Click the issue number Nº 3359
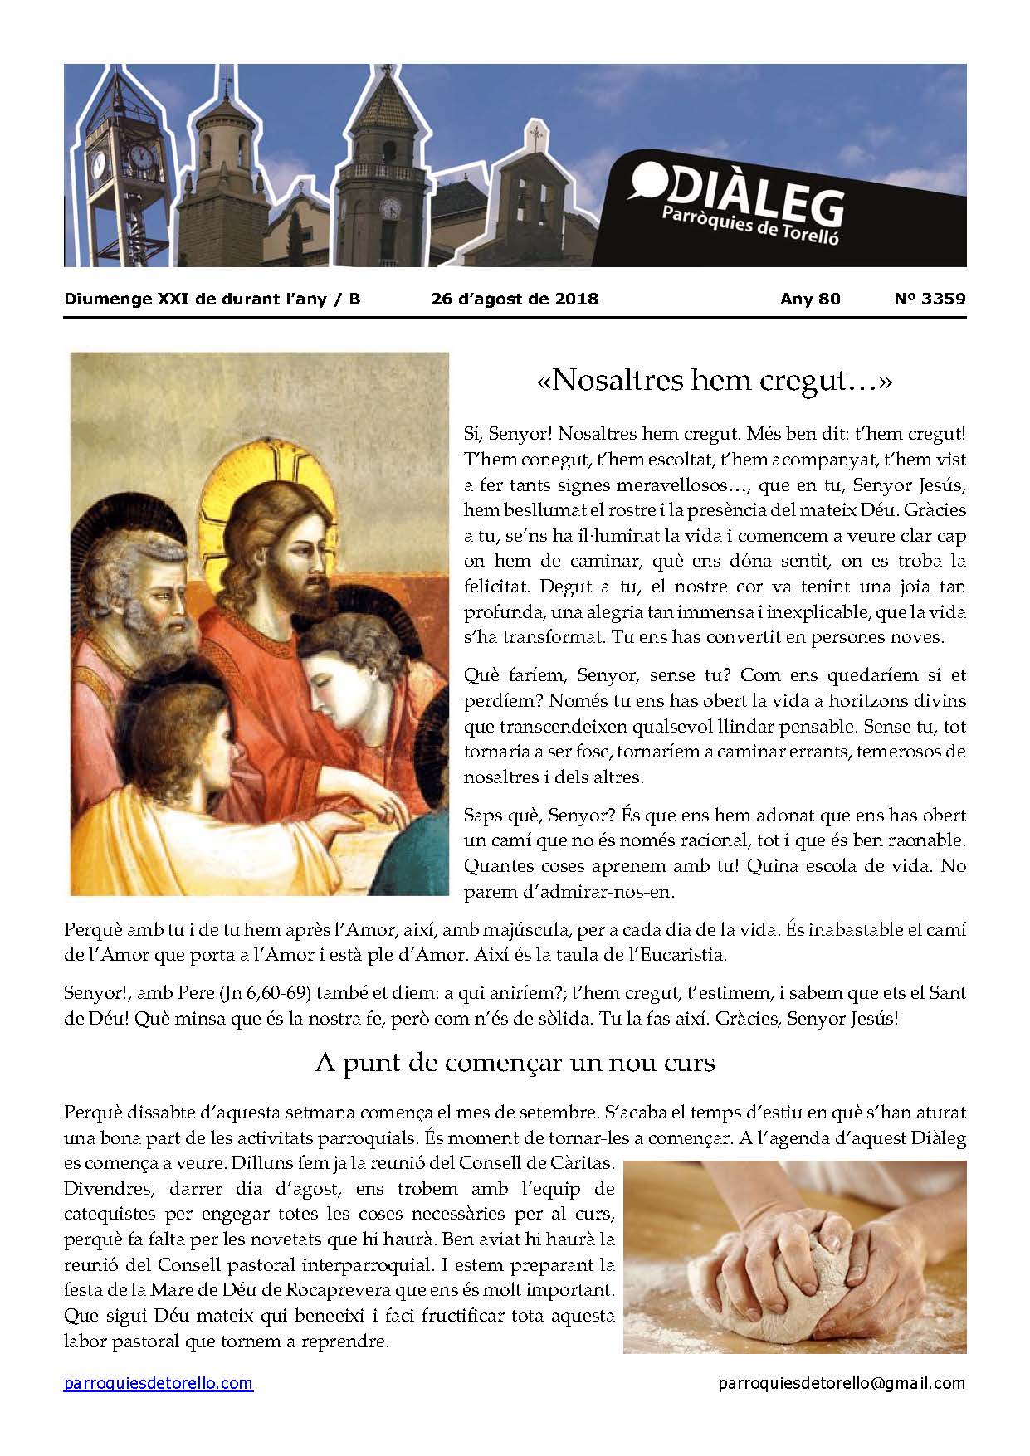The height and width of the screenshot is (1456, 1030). [x=930, y=299]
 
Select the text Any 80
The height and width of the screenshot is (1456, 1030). [x=810, y=299]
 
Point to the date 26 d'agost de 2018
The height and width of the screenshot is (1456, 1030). [x=515, y=299]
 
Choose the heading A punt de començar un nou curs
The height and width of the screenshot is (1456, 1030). [x=515, y=1063]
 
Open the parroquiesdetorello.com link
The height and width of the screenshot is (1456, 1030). [x=159, y=1383]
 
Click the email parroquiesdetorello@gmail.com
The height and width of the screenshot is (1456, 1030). [x=842, y=1383]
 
